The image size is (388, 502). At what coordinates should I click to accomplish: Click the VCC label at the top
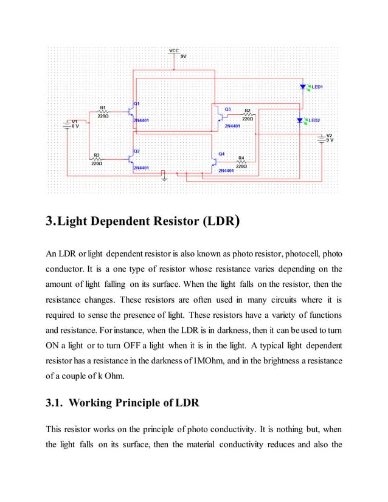pyautogui.click(x=174, y=50)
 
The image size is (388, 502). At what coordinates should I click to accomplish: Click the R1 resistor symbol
pyautogui.click(x=103, y=112)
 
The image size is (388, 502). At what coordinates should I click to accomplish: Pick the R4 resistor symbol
pyautogui.click(x=241, y=162)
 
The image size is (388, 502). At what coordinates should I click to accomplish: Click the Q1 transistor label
pyautogui.click(x=137, y=103)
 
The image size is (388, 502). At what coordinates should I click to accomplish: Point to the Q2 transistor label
pyautogui.click(x=137, y=150)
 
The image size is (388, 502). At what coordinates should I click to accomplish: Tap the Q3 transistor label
pyautogui.click(x=227, y=109)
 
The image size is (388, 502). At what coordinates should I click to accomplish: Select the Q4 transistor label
pyautogui.click(x=221, y=154)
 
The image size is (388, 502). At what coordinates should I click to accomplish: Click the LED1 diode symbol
pyautogui.click(x=303, y=87)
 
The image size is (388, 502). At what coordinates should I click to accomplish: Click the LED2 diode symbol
pyautogui.click(x=299, y=120)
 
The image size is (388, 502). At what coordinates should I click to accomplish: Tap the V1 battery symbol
pyautogui.click(x=67, y=124)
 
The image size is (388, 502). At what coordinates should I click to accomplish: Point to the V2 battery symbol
pyautogui.click(x=321, y=137)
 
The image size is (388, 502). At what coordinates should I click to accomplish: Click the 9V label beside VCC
pyautogui.click(x=184, y=55)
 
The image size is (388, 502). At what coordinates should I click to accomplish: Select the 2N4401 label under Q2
pyautogui.click(x=142, y=167)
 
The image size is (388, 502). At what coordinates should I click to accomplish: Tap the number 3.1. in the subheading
pyautogui.click(x=58, y=403)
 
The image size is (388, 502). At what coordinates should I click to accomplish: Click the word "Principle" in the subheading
pyautogui.click(x=142, y=403)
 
